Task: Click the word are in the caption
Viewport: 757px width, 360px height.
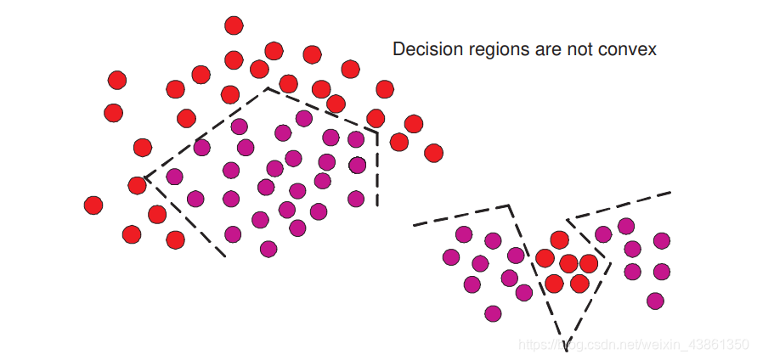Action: pyautogui.click(x=545, y=50)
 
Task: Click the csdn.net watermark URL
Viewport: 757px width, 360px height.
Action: pyautogui.click(x=633, y=344)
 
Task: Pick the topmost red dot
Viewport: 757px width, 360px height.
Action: pyautogui.click(x=234, y=25)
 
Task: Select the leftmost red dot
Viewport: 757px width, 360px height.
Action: pyautogui.click(x=93, y=205)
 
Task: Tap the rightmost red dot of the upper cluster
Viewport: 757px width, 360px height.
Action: pyautogui.click(x=433, y=153)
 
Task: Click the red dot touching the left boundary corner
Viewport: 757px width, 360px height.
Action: pyautogui.click(x=137, y=185)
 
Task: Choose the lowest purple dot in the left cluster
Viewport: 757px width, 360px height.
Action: pyautogui.click(x=268, y=249)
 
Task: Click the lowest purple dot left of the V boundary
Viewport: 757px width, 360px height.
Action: pyautogui.click(x=493, y=313)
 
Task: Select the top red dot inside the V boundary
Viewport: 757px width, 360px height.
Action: pyautogui.click(x=559, y=240)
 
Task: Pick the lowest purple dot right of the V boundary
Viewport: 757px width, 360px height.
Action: pyautogui.click(x=654, y=301)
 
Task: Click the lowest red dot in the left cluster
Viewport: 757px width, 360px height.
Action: pyautogui.click(x=175, y=240)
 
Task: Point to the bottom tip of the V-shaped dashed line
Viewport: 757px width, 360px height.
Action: pyautogui.click(x=566, y=344)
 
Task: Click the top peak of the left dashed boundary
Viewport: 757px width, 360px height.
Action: pyautogui.click(x=268, y=87)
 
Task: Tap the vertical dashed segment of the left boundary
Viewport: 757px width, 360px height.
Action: pyautogui.click(x=377, y=170)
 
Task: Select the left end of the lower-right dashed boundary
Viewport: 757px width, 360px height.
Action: pyautogui.click(x=415, y=225)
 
